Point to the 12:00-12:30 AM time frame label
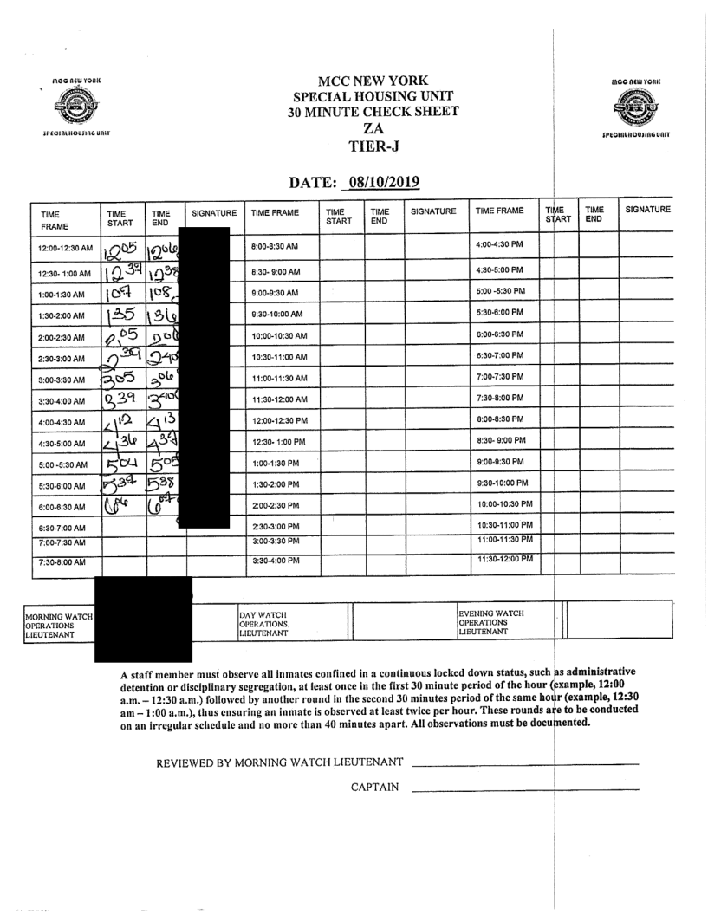(62, 248)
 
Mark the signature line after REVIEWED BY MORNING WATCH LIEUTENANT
(525, 764)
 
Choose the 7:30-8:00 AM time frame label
(62, 562)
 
